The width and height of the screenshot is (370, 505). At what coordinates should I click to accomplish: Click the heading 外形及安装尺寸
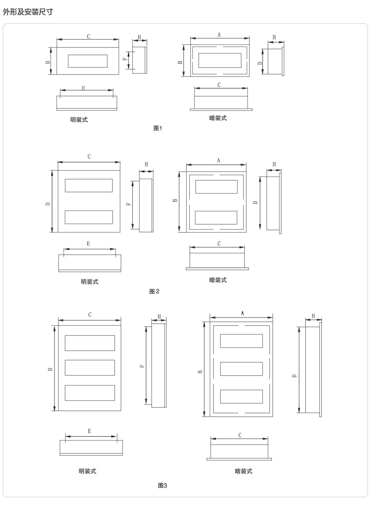[28, 12]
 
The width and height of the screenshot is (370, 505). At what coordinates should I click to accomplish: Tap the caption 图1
[158, 128]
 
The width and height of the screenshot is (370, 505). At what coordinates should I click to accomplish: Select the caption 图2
[154, 291]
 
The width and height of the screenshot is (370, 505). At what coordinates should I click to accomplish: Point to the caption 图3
[162, 485]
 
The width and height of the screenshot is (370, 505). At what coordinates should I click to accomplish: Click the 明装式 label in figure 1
[79, 120]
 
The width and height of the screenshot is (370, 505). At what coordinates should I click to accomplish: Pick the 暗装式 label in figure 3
[243, 471]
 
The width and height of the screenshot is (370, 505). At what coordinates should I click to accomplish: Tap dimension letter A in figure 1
[219, 35]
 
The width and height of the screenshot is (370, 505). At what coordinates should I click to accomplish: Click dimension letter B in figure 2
[175, 201]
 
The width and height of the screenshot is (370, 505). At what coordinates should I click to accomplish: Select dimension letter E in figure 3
[89, 431]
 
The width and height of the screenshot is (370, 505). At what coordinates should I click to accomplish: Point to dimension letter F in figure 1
[125, 59]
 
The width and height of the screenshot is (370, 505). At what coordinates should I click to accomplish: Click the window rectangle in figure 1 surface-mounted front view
[88, 61]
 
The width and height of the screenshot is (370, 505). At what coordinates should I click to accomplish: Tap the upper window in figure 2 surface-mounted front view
[89, 185]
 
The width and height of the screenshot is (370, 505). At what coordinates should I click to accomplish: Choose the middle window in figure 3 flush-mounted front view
[241, 369]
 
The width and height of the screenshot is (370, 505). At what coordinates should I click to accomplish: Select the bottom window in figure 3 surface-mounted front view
[90, 393]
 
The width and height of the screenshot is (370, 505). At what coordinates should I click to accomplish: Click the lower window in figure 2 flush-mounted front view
[216, 218]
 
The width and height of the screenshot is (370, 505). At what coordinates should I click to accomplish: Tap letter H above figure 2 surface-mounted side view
[147, 164]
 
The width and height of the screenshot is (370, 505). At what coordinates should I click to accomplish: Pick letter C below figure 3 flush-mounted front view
[240, 435]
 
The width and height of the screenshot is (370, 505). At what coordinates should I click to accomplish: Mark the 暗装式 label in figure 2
[218, 280]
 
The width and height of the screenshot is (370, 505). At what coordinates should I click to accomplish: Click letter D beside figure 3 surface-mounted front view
[50, 369]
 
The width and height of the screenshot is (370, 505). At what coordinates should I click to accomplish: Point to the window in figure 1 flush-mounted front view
[220, 60]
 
